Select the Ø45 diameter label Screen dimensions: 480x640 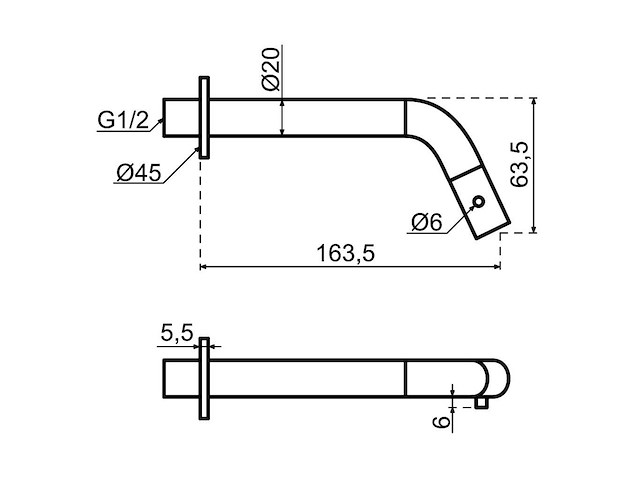click(139, 173)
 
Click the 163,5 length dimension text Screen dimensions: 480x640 click(345, 254)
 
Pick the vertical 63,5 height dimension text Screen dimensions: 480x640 click(518, 165)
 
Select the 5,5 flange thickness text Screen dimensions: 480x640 click(176, 333)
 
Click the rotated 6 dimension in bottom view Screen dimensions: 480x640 click(437, 421)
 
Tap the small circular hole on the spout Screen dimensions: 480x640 click(480, 202)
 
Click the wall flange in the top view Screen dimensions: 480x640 click(205, 117)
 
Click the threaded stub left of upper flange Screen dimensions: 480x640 click(181, 117)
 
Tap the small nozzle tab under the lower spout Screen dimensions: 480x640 click(483, 402)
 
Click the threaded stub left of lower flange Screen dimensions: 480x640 click(181, 378)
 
